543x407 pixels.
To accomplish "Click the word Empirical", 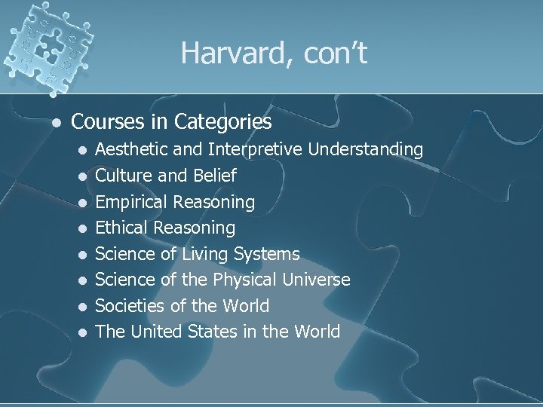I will coord(131,202).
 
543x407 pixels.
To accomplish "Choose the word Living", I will coord(205,254).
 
